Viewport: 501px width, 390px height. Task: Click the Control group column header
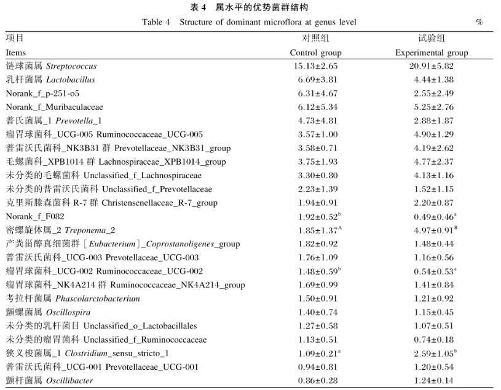pos(315,52)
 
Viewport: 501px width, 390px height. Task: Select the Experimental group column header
pos(432,52)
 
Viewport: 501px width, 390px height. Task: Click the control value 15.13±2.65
pos(315,66)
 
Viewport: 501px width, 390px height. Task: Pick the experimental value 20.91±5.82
pos(432,66)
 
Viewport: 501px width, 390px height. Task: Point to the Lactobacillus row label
pos(50,79)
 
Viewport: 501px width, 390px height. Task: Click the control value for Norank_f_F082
pos(316,216)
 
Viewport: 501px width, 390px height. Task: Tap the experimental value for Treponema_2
pos(432,230)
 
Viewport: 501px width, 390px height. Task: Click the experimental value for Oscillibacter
pos(432,380)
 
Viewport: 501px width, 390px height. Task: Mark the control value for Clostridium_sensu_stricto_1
pos(316,353)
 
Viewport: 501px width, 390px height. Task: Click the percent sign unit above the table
pos(479,22)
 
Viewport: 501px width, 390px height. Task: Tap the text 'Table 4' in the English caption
pos(156,22)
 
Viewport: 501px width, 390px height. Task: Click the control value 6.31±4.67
pos(315,93)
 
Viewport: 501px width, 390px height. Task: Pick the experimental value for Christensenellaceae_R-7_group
pos(432,203)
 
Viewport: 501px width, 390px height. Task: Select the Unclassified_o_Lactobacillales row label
pos(101,326)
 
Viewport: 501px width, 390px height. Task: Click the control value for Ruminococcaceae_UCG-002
pos(316,271)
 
